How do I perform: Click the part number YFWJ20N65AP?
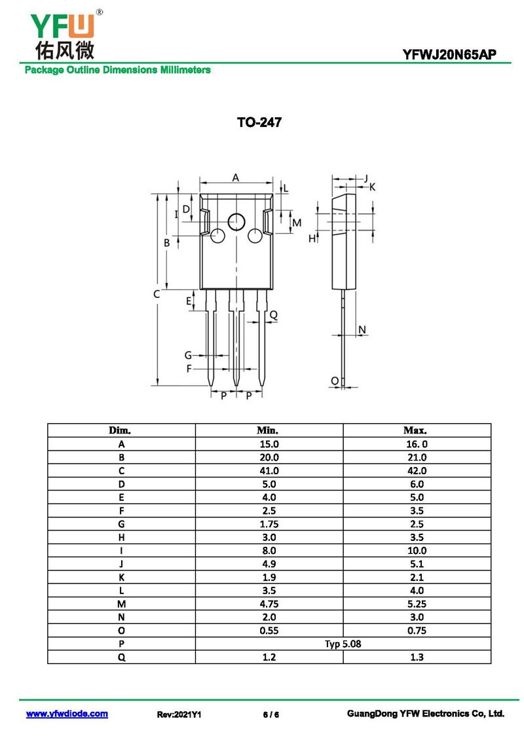pos(449,55)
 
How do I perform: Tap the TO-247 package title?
pos(259,122)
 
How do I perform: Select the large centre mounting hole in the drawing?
pos(236,222)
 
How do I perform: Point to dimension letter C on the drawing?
pos(157,294)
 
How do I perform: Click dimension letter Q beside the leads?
pos(273,315)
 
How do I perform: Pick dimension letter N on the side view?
pos(362,329)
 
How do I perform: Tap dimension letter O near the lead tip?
pos(335,380)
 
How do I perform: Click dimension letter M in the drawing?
pos(297,223)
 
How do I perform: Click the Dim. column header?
pos(120,430)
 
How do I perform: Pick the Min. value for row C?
pos(269,471)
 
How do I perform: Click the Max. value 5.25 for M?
pos(417,604)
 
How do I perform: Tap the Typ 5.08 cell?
pos(343,644)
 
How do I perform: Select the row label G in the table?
pos(121,524)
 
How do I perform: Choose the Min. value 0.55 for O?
pos(269,631)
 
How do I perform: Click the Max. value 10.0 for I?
pos(417,550)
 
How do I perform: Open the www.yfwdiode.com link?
pos(67,714)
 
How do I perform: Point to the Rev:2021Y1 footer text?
pos(179,714)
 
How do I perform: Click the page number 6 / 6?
pos(271,714)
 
